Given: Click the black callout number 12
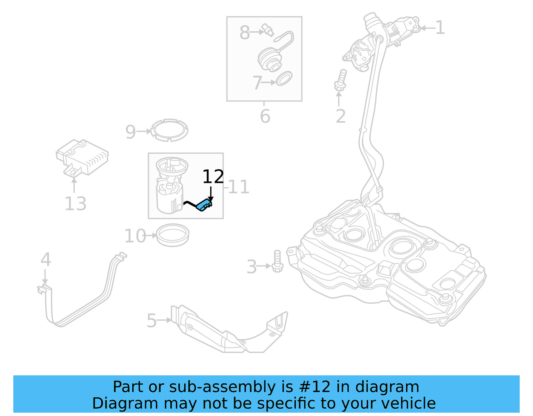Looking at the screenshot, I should tap(213, 177).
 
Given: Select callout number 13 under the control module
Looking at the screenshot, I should tap(76, 204).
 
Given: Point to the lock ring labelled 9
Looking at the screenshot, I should tap(170, 130).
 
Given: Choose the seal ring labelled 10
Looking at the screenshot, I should tap(173, 235).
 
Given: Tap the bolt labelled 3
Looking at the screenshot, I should tap(277, 261).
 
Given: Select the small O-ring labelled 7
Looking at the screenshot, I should tap(284, 79).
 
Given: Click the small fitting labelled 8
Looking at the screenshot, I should tap(268, 30).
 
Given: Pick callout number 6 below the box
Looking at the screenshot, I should tap(265, 116).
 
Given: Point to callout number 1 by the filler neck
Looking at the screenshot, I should tap(440, 28).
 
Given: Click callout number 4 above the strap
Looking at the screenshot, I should tap(46, 259).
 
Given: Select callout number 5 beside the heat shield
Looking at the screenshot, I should tap(152, 321).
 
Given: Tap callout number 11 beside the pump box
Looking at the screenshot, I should tap(239, 187).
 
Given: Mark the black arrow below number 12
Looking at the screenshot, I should tap(211, 195).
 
